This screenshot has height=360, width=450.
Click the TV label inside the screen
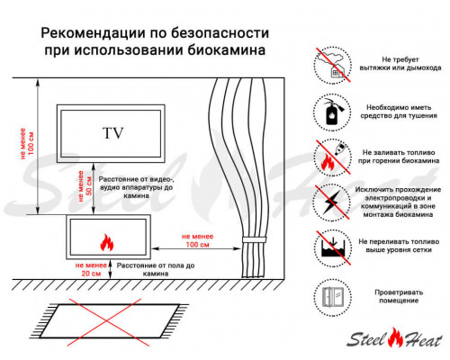click(112, 134)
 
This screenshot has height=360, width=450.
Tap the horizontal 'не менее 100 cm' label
click(191, 239)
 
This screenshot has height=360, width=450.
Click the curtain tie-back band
click(253, 242)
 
